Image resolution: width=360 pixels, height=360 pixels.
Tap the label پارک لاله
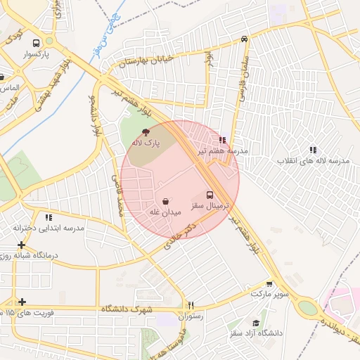146,143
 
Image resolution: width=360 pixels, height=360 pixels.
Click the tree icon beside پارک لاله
146,132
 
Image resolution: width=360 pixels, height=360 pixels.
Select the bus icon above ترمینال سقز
210,195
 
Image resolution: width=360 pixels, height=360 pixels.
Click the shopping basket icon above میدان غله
165,201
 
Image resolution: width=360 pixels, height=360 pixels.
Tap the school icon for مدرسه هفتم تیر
222,141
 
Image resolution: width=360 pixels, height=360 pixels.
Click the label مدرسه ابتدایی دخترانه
49,229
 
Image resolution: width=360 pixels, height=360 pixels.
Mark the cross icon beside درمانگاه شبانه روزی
22,245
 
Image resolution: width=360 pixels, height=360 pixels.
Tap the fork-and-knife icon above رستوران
190,305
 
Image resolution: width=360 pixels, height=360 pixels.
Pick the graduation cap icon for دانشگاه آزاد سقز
256,323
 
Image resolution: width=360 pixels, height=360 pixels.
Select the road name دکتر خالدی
179,238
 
